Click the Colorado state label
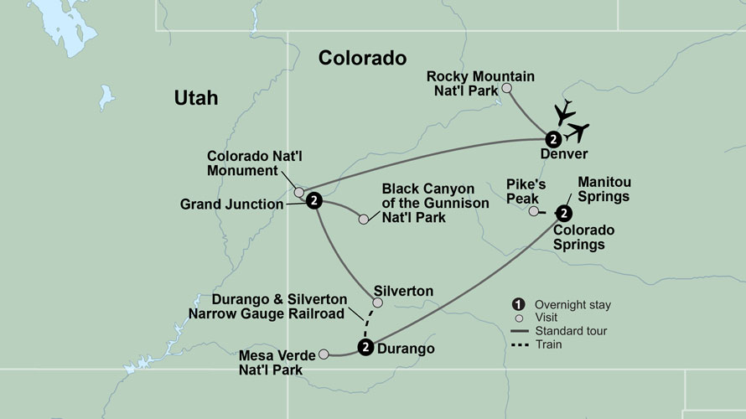point(362,58)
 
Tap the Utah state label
point(196,98)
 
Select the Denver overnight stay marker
point(553,139)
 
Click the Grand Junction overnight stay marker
point(313,200)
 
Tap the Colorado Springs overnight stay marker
point(563,213)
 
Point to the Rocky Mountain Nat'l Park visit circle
point(505,88)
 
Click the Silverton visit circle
point(377,303)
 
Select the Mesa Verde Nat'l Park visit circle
point(324,354)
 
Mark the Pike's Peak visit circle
point(533,212)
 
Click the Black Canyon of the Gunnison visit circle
point(363,220)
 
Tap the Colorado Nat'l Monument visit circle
point(298,192)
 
